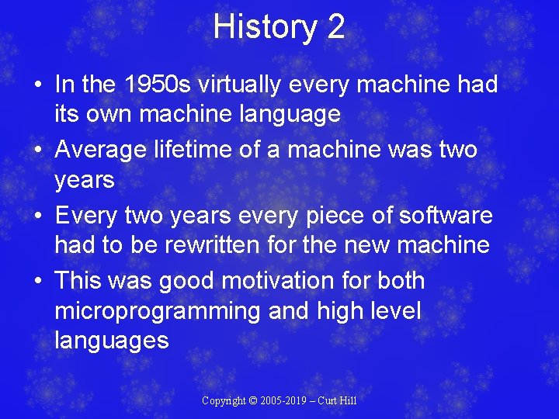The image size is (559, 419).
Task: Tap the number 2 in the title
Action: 335,27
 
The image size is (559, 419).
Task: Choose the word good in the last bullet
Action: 190,280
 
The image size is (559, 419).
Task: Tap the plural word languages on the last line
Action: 111,341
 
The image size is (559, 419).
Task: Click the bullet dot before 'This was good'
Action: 40,281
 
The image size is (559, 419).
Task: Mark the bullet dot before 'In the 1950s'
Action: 40,85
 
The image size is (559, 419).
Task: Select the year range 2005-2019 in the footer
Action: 284,400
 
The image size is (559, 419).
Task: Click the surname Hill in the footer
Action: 345,400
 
